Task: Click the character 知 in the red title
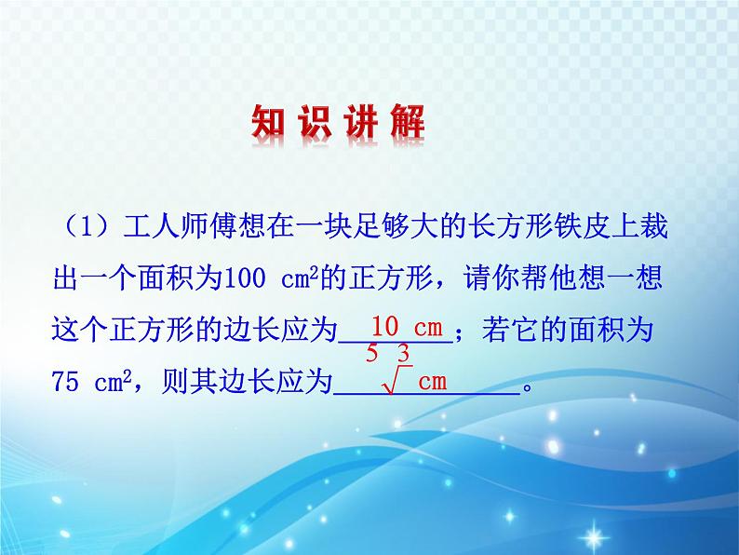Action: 268,122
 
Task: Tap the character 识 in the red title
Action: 315,122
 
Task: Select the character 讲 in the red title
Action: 361,122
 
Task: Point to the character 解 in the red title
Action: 408,122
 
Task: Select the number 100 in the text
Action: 245,278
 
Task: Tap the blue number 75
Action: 65,382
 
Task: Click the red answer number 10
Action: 385,326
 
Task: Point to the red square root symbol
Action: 396,380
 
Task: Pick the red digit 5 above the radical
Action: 372,353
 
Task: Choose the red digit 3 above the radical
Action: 403,353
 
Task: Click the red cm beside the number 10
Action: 428,328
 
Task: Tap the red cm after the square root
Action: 432,382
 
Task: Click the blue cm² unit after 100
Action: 300,278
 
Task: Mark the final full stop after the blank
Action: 528,388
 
